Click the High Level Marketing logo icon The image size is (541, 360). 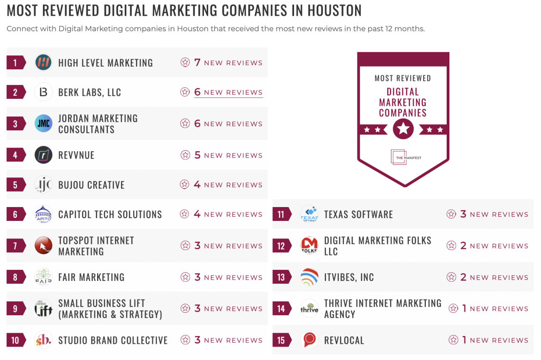pyautogui.click(x=43, y=62)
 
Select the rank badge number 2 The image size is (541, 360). pyautogui.click(x=15, y=92)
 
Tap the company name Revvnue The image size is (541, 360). pyautogui.click(x=76, y=155)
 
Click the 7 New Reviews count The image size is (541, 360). pyautogui.click(x=221, y=62)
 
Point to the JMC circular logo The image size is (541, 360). pyautogui.click(x=43, y=123)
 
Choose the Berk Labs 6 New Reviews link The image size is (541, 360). pyautogui.click(x=221, y=92)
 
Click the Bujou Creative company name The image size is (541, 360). pyautogui.click(x=92, y=185)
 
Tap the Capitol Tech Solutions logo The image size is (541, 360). pyautogui.click(x=43, y=214)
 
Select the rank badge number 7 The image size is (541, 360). pyautogui.click(x=15, y=246)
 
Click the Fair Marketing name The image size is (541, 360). pyautogui.click(x=92, y=277)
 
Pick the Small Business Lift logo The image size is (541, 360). pyautogui.click(x=43, y=309)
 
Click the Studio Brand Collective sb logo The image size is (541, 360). pyautogui.click(x=43, y=340)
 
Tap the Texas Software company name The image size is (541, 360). pyautogui.click(x=358, y=214)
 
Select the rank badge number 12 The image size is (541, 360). pyautogui.click(x=281, y=246)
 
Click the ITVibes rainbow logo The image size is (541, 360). pyautogui.click(x=309, y=277)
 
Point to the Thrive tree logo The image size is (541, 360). pyautogui.click(x=309, y=309)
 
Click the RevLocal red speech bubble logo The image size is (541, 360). pyautogui.click(x=309, y=340)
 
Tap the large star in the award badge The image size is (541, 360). pyautogui.click(x=403, y=129)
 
